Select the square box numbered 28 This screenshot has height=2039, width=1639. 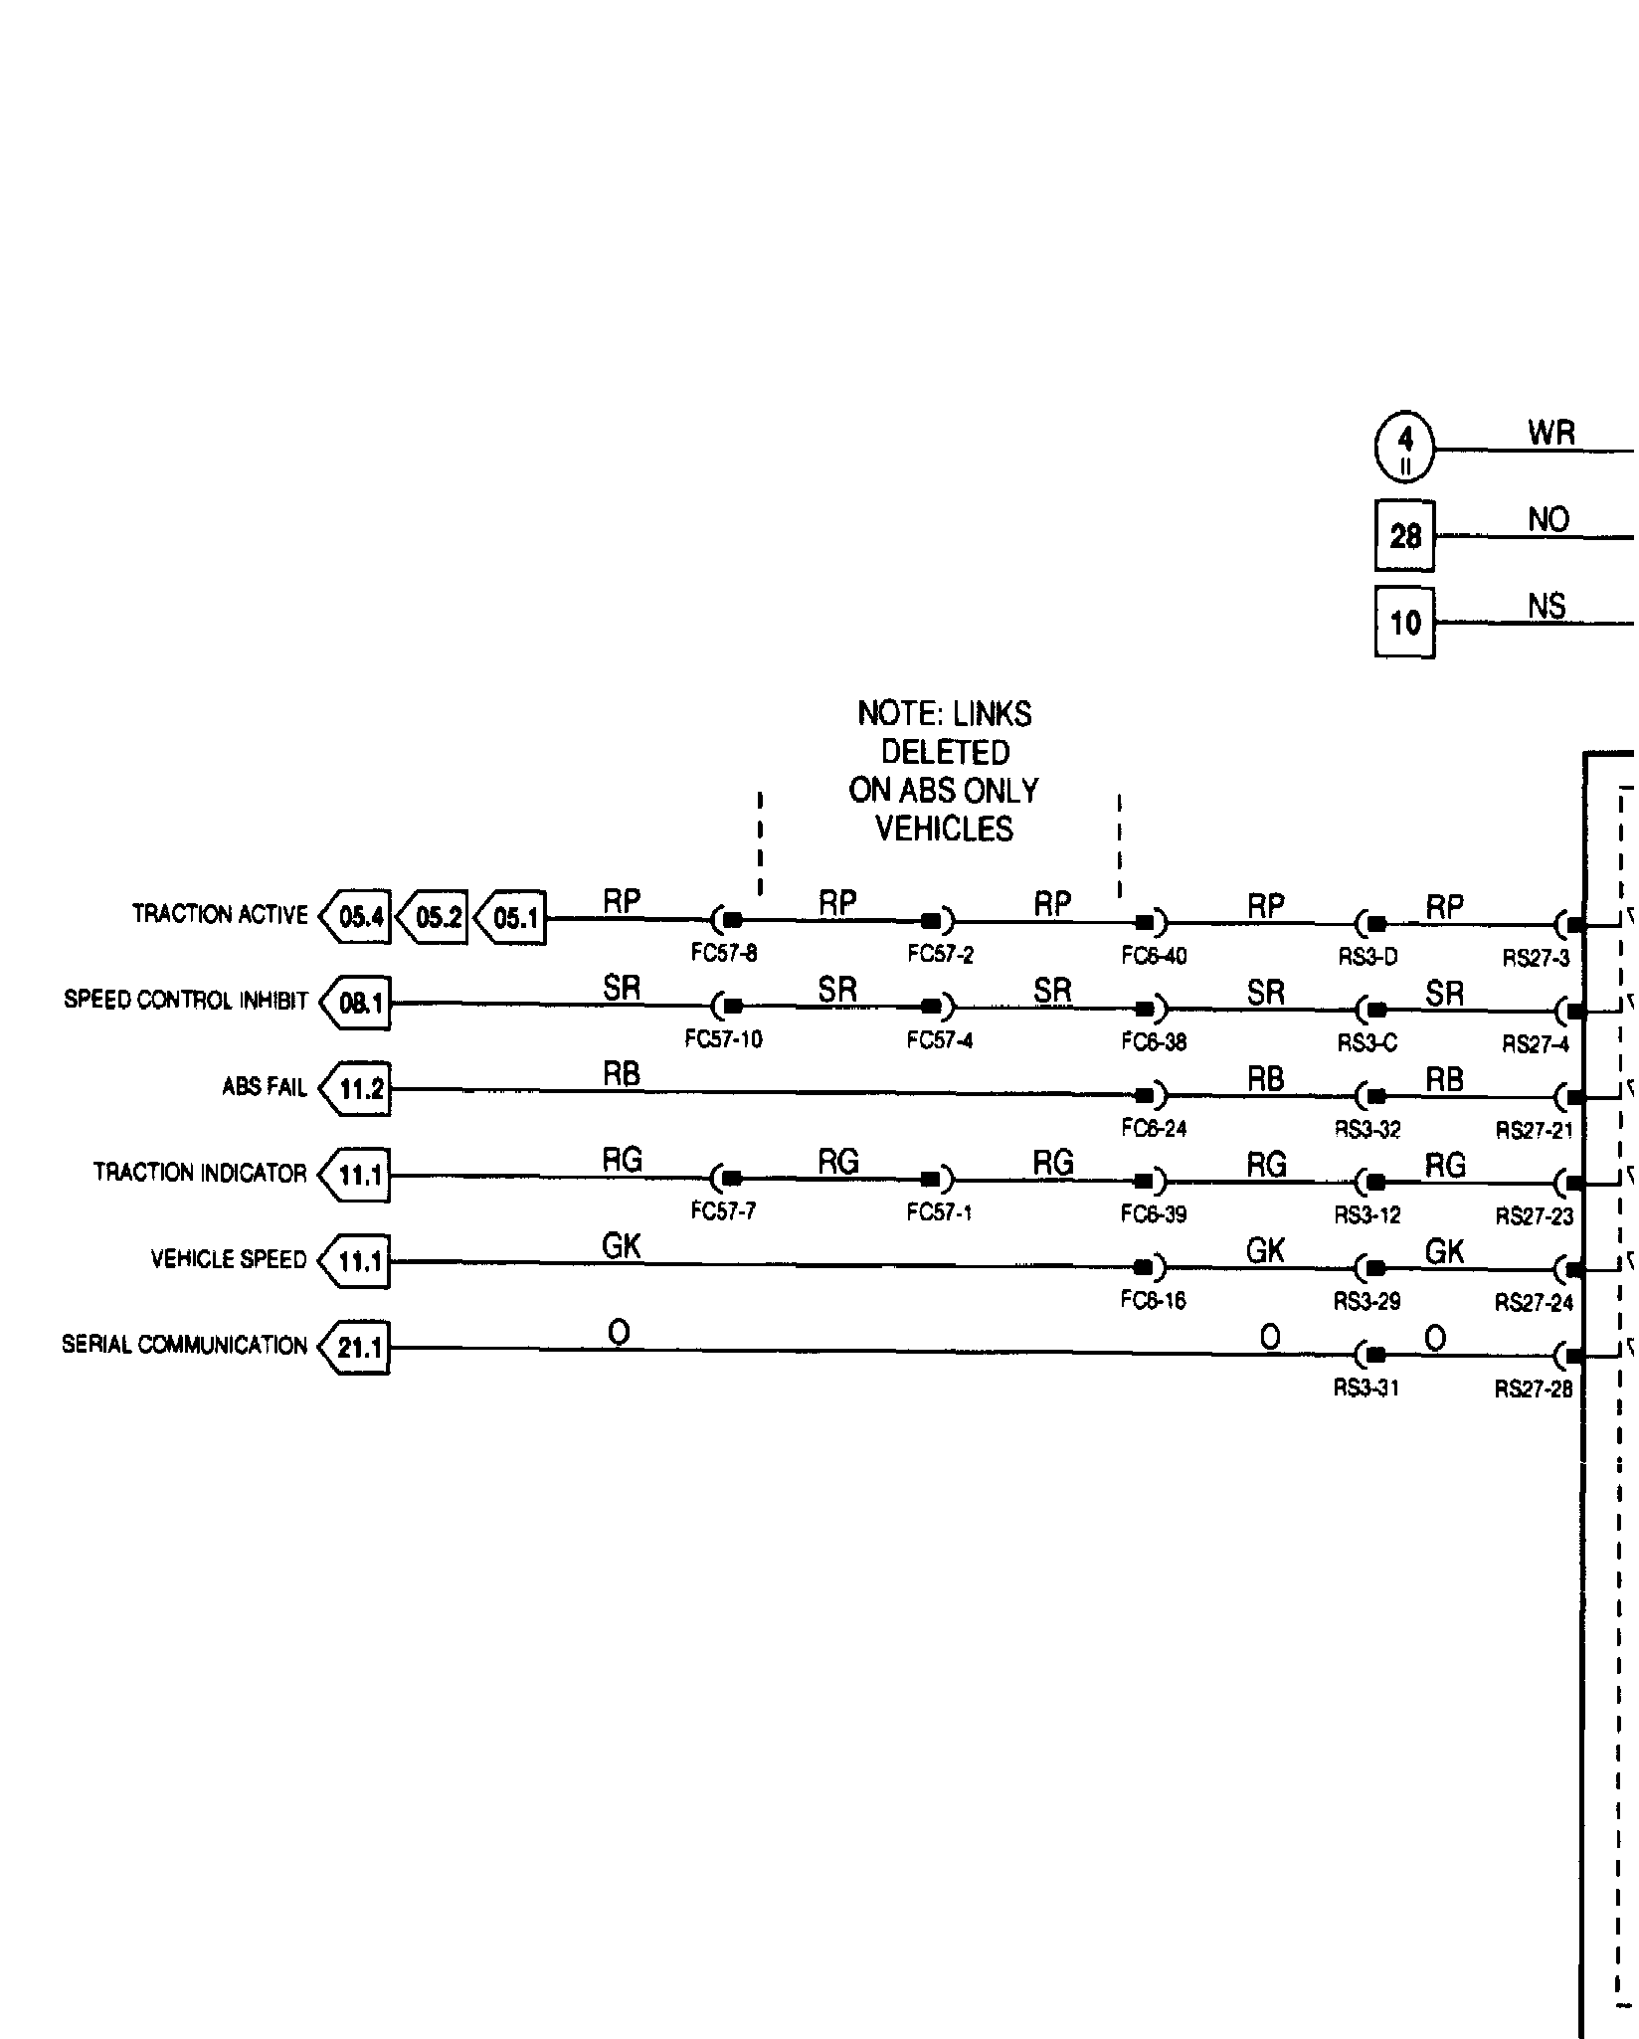pos(1404,536)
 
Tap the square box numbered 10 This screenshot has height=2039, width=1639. pos(1404,623)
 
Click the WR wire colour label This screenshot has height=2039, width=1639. pos(1550,433)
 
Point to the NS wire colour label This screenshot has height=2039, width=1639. pos(1547,606)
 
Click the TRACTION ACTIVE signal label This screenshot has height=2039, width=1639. pos(220,914)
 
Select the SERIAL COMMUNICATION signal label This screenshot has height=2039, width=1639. pos(184,1345)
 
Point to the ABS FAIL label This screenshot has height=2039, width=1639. pos(265,1086)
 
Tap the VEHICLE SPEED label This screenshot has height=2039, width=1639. pos(229,1259)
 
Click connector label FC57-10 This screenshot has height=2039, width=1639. pos(723,1039)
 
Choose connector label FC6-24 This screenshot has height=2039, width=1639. pos(1154,1128)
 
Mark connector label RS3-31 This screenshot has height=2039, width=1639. pos(1366,1388)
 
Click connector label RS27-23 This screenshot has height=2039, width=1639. pos(1535,1215)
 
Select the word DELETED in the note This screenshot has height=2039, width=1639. pos(945,752)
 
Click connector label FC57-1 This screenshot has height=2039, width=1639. pos(939,1213)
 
